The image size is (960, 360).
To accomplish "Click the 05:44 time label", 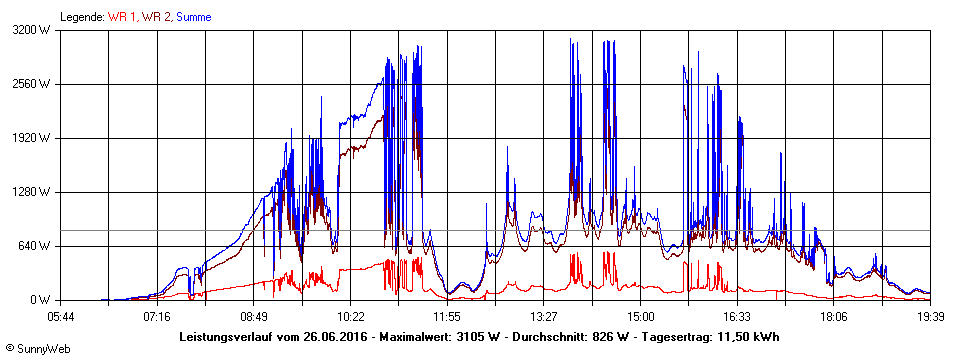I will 61,316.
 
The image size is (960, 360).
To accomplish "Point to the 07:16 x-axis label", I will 157,316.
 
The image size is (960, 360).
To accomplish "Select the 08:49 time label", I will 254,316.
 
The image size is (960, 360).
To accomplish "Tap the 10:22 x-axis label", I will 350,316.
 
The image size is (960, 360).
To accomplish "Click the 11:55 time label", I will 447,316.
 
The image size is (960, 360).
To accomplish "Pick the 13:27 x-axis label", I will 543,316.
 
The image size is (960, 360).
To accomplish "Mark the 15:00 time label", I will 640,316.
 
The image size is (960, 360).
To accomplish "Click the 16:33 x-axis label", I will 737,316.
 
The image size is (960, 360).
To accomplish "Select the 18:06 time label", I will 833,316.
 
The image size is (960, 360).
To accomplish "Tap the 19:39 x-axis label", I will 930,316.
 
